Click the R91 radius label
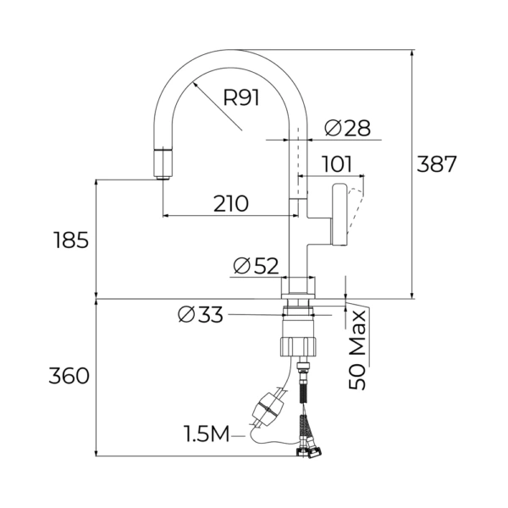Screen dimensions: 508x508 (x=241, y=97)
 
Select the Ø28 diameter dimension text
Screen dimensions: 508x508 (x=347, y=128)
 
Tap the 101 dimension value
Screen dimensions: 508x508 (x=338, y=164)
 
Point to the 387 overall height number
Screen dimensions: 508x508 (x=436, y=164)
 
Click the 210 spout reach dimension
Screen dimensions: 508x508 (x=231, y=203)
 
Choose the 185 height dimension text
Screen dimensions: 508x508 (x=71, y=240)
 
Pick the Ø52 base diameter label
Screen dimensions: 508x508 (x=256, y=266)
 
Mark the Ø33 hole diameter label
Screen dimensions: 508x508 (x=201, y=314)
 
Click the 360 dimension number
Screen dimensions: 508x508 (x=69, y=376)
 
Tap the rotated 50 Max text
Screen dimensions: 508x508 (x=357, y=350)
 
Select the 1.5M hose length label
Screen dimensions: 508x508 (x=207, y=433)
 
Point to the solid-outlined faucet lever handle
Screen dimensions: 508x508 (x=339, y=214)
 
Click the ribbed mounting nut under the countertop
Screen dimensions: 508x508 (x=298, y=347)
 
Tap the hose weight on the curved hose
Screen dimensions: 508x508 (x=268, y=409)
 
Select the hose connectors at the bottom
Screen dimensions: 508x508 (x=308, y=451)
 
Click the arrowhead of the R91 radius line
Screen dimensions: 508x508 (x=195, y=84)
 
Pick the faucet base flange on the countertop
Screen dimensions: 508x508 (x=298, y=288)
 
